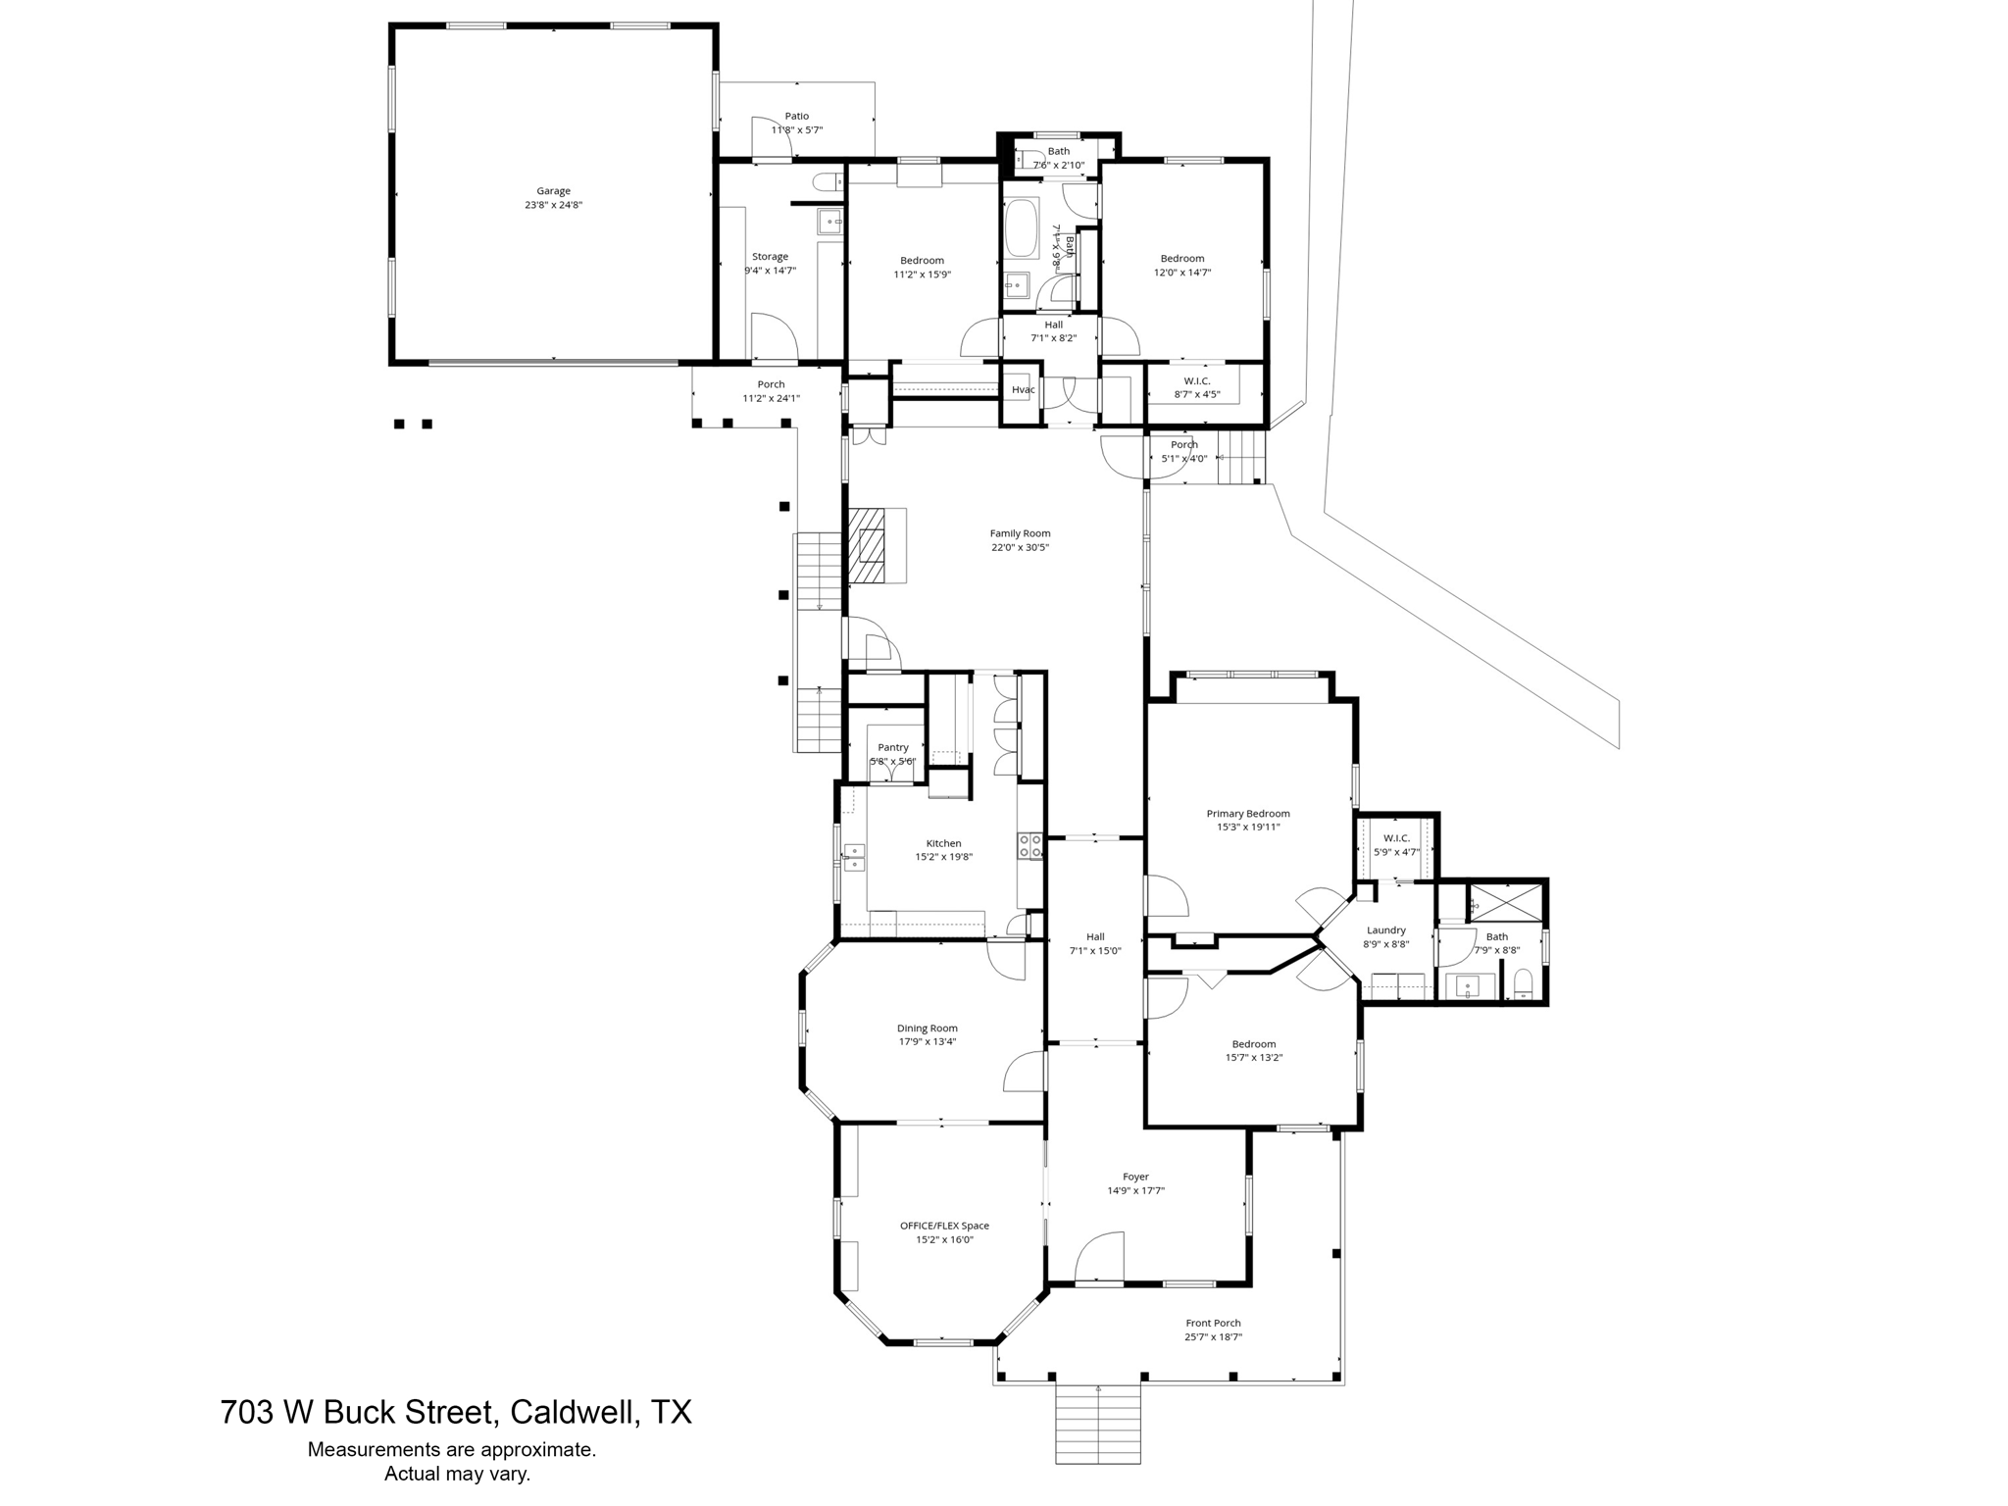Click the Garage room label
coord(553,191)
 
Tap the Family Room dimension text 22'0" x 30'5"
coord(1020,548)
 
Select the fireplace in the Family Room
coord(867,545)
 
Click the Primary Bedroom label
coord(1247,814)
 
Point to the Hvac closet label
coord(1023,390)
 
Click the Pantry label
coord(892,748)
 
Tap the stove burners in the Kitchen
coord(1029,846)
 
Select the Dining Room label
coord(927,1029)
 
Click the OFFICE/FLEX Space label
coord(944,1226)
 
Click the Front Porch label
coord(1213,1324)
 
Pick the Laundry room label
coord(1385,930)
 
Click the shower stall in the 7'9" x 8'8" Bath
coord(1506,902)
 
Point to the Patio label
coord(796,116)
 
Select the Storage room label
coord(770,257)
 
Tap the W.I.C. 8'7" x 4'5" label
coord(1196,381)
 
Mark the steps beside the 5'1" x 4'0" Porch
coord(1241,458)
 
